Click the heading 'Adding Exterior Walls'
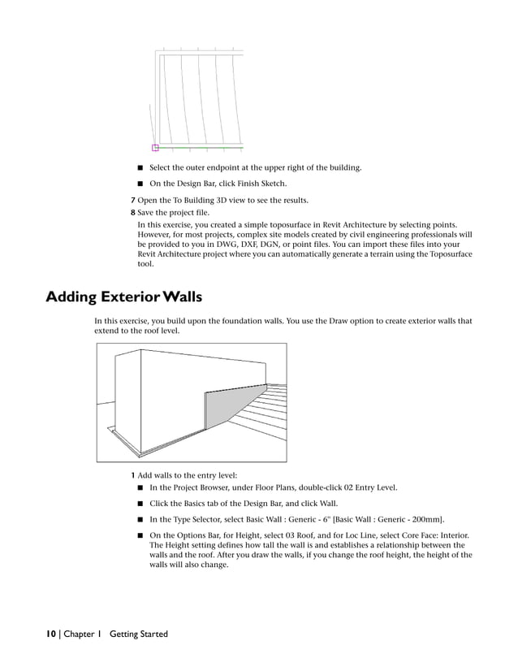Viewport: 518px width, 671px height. pos(123,297)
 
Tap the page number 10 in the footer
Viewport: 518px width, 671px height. pos(50,634)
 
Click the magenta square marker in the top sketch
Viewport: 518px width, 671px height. pos(155,148)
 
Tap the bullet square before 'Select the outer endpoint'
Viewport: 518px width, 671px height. pos(140,168)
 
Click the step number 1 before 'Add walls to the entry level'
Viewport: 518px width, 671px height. pos(133,474)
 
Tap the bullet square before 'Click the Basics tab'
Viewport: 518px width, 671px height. pos(140,504)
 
